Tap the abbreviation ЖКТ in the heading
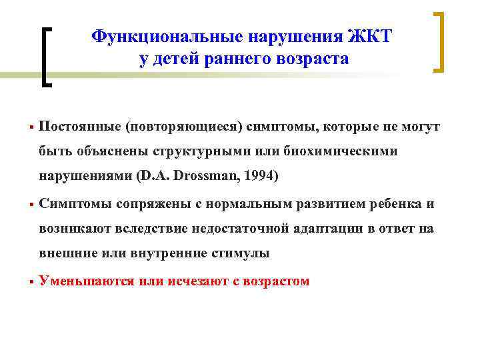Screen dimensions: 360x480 click(x=367, y=35)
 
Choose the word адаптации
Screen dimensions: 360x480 click(x=327, y=229)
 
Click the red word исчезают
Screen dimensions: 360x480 click(x=193, y=281)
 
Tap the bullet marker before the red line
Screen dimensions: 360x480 click(x=31, y=281)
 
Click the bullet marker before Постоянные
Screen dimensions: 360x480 click(x=31, y=127)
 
